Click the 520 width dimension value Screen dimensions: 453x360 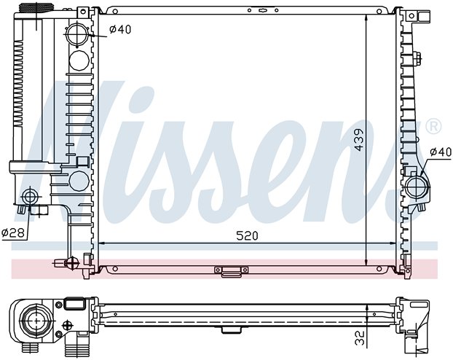coord(247,235)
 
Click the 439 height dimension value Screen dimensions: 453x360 coord(359,140)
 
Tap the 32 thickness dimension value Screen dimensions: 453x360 coord(359,338)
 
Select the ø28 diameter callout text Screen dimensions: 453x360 coord(13,232)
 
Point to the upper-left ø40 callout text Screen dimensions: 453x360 coord(120,29)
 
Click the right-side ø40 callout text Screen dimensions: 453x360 coord(441,152)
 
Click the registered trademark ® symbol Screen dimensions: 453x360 coord(433,126)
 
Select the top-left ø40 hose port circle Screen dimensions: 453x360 coord(77,35)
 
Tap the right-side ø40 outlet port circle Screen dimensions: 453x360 coord(417,187)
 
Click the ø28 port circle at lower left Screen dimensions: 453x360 coord(29,197)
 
